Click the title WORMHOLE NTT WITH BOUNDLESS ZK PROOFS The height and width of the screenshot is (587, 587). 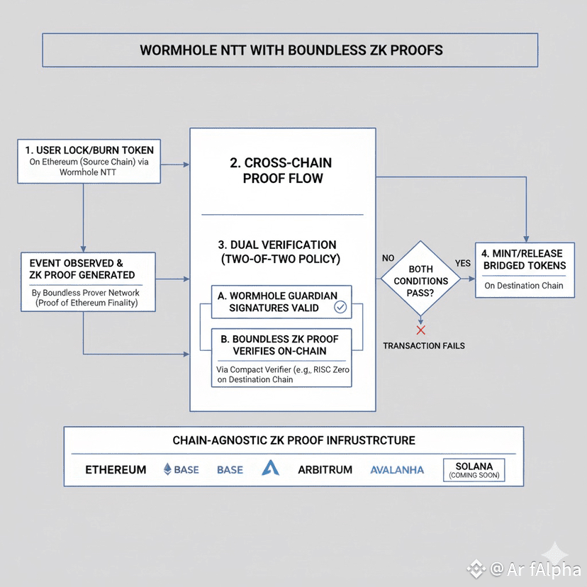[291, 50]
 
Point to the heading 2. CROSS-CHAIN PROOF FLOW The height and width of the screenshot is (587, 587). [282, 171]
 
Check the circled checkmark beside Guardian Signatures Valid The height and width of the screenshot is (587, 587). [340, 307]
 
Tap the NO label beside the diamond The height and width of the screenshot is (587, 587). [388, 258]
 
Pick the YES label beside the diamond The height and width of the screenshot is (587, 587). [462, 263]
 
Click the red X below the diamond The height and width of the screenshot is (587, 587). [420, 330]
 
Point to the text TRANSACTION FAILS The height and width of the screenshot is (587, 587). [424, 345]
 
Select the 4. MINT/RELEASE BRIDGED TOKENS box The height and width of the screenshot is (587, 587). [525, 269]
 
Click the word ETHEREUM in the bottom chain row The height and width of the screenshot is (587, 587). [116, 469]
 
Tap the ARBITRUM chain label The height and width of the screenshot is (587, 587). [325, 469]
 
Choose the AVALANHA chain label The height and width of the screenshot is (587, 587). [397, 469]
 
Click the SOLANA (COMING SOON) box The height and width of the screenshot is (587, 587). [474, 470]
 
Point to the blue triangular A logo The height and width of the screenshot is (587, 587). [270, 468]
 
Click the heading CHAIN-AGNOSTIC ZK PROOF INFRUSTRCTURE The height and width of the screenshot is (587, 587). [293, 440]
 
